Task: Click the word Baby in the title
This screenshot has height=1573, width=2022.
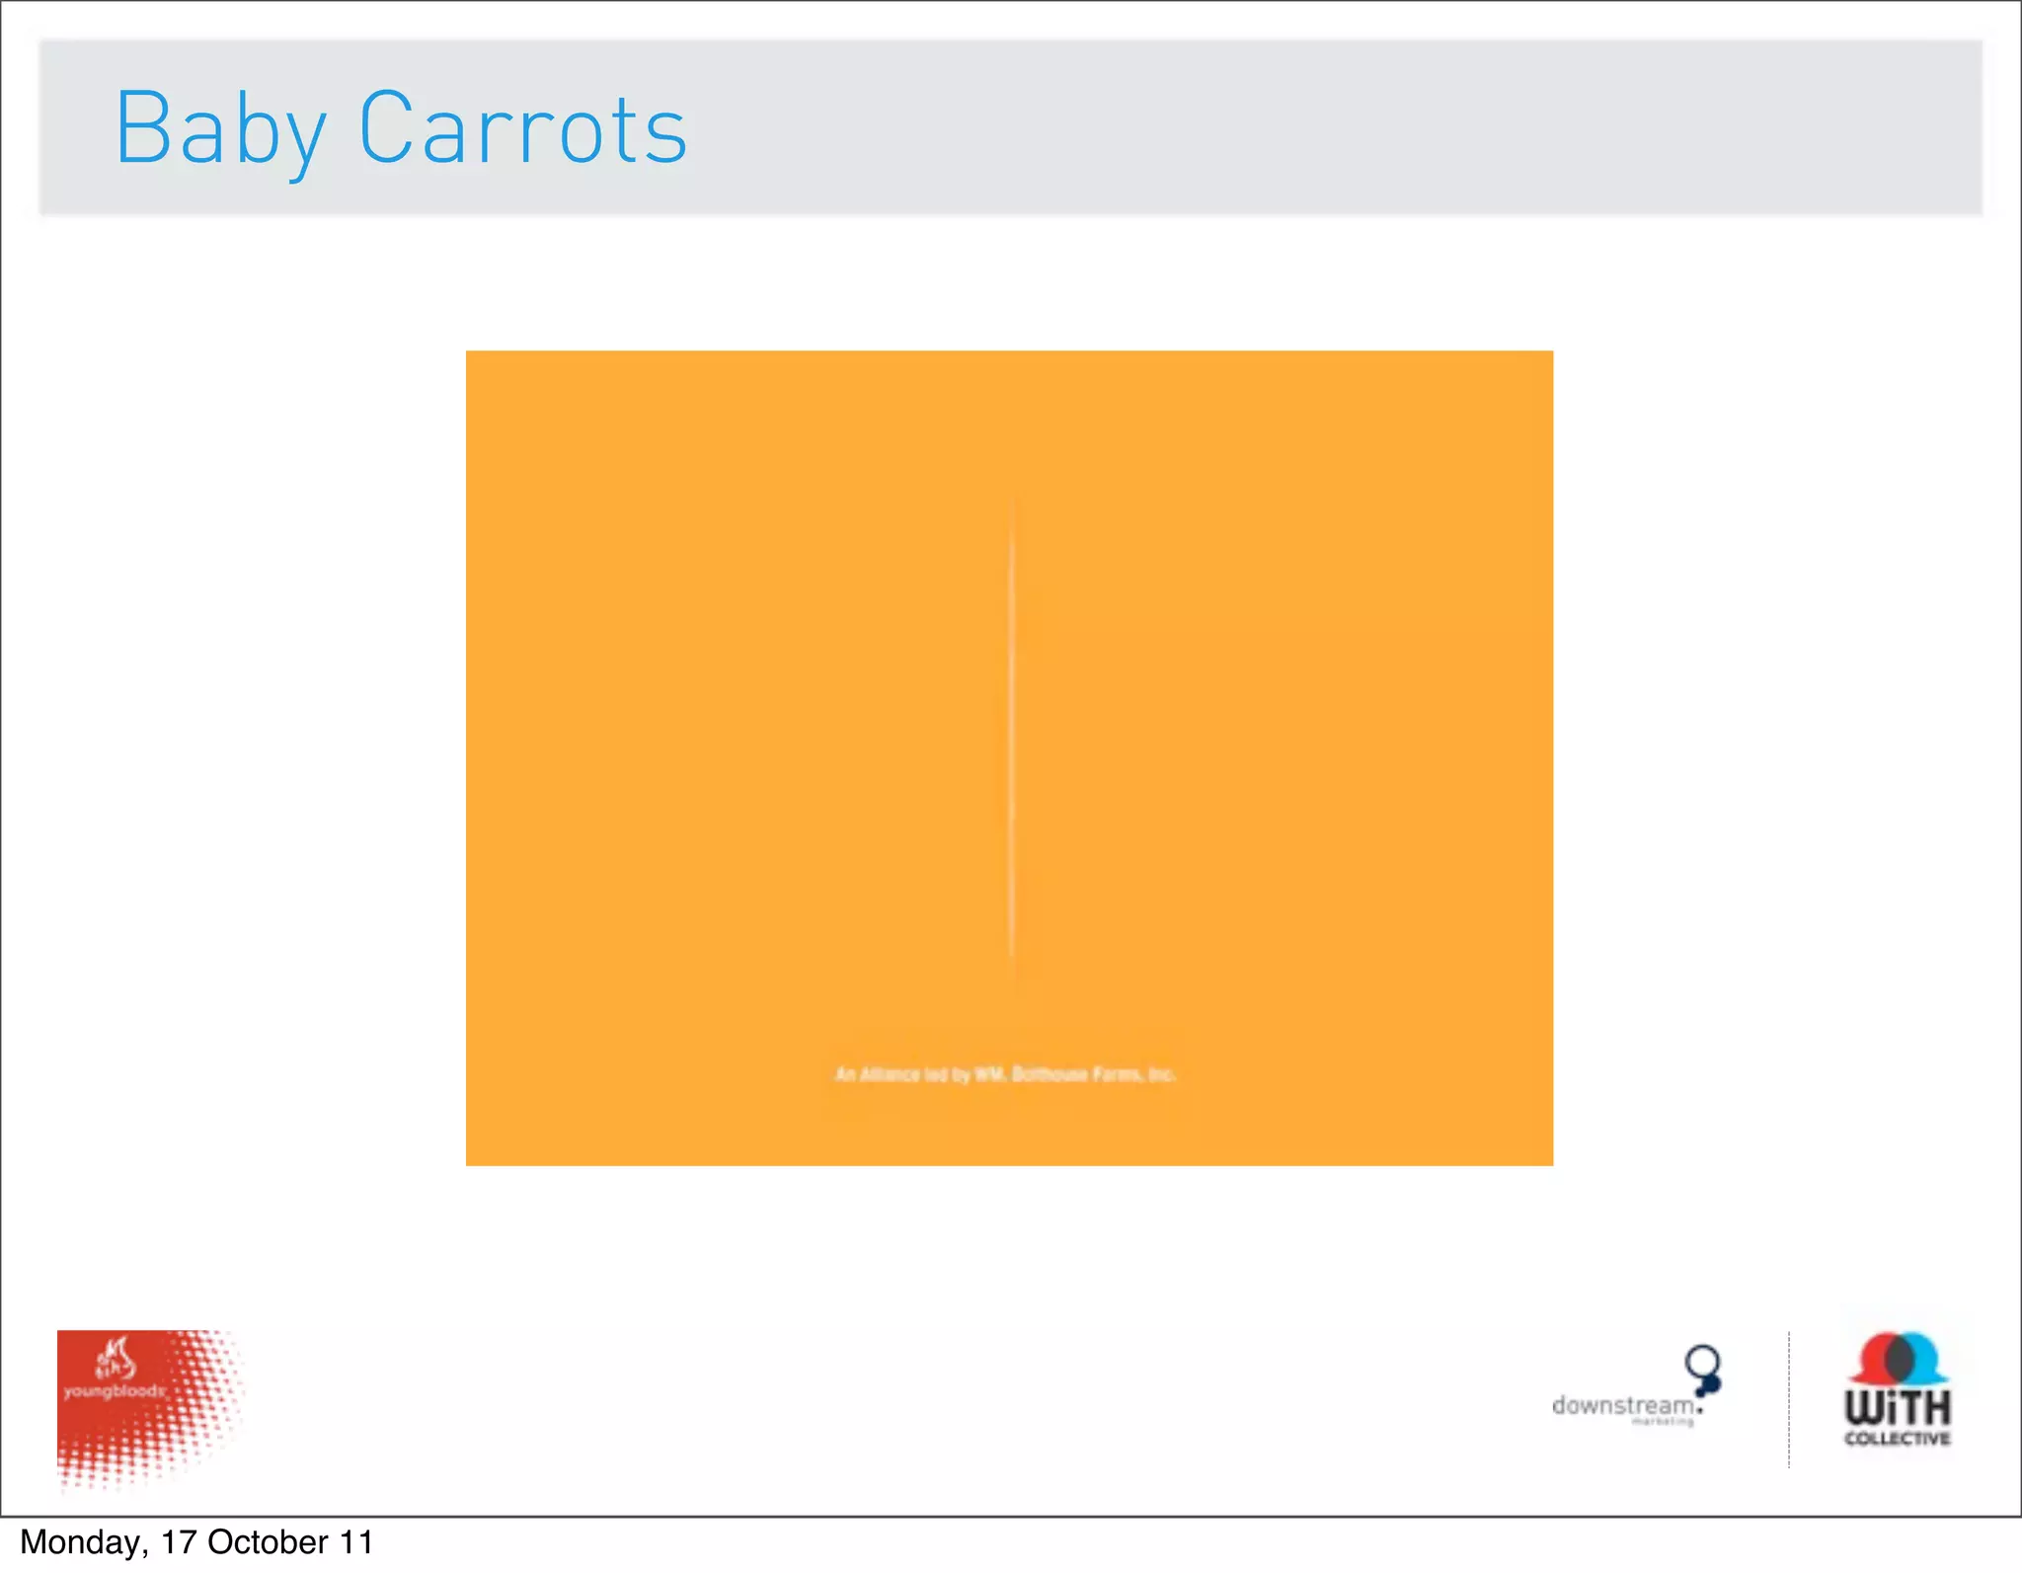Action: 220,129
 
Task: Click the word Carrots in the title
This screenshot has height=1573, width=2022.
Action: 522,129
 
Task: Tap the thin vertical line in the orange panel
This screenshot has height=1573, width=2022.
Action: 1011,731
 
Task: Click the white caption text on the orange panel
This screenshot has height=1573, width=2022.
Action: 1005,1074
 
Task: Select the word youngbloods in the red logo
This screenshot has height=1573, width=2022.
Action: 115,1391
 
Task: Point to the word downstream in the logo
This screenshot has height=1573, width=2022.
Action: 1623,1405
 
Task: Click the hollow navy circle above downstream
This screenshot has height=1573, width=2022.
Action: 1702,1361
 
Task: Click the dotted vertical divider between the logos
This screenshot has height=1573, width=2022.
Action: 1788,1400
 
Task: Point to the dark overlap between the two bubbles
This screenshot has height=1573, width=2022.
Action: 1900,1360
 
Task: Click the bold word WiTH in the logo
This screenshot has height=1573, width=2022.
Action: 1898,1407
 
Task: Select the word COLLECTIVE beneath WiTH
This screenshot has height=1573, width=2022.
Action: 1898,1439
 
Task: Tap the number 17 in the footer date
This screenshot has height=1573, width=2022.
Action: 179,1542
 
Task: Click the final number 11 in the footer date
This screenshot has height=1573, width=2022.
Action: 356,1542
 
